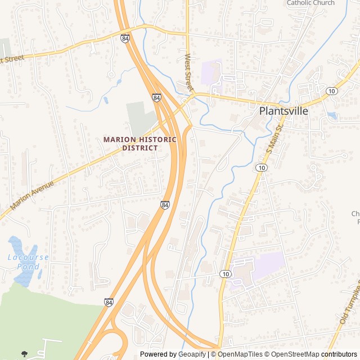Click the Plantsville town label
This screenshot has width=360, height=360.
click(x=283, y=111)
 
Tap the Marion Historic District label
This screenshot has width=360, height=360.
click(x=140, y=143)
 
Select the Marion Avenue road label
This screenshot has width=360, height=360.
click(x=33, y=196)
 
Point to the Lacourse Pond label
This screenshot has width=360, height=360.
click(x=28, y=262)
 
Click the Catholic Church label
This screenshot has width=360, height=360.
click(x=310, y=3)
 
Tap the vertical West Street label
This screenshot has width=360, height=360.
click(x=189, y=73)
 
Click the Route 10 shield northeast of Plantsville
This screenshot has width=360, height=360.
click(x=331, y=91)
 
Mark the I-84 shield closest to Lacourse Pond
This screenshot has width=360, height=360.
click(x=107, y=302)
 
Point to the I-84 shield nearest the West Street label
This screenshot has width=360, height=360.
click(x=156, y=97)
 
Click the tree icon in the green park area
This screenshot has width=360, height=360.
click(x=24, y=354)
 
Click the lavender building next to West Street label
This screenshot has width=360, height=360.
click(x=211, y=72)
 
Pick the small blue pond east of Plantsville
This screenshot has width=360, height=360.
click(x=332, y=116)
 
